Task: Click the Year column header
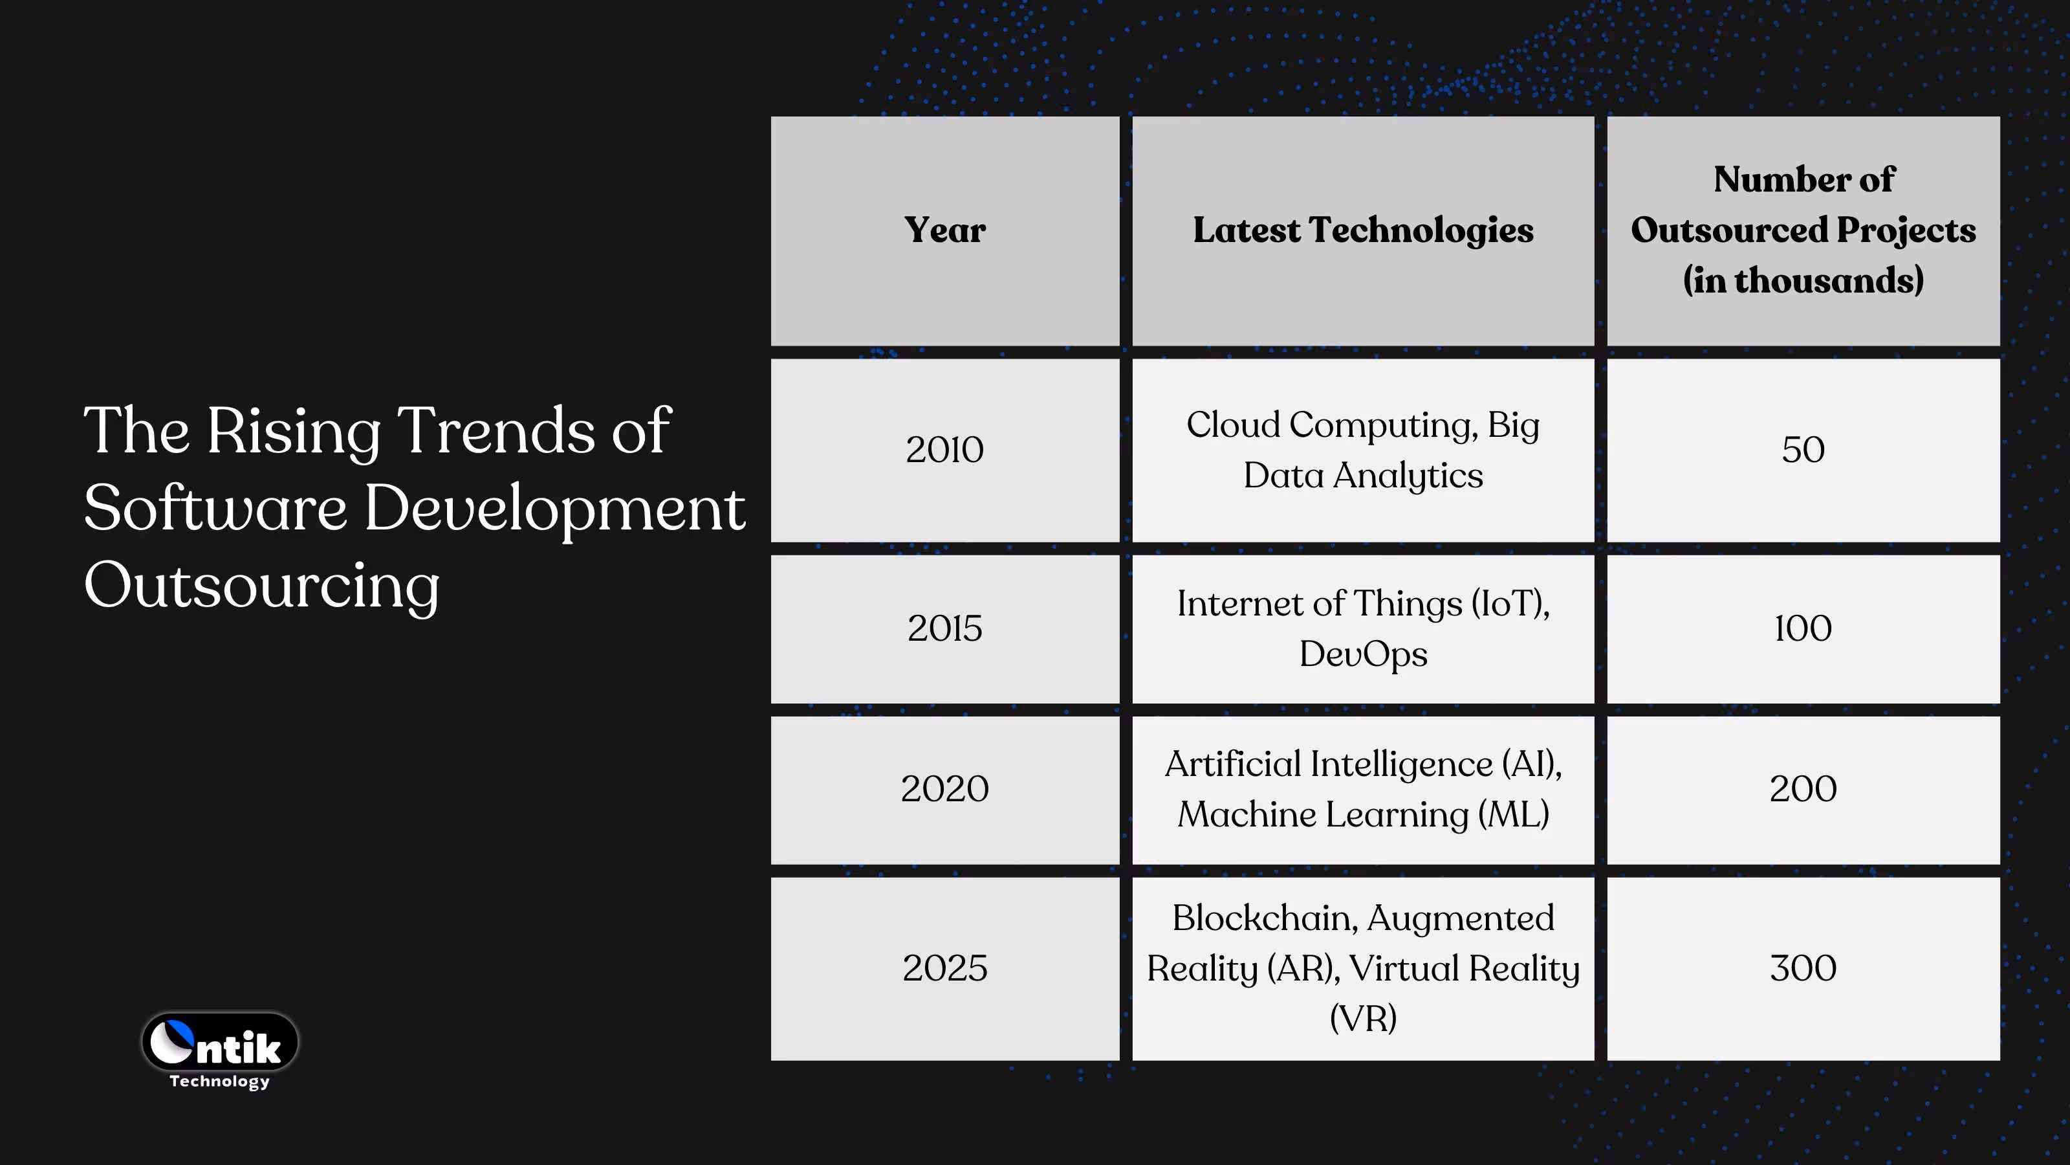[x=944, y=231]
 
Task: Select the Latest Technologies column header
[x=1363, y=231]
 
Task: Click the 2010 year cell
[x=944, y=449]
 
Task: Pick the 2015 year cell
[x=944, y=628]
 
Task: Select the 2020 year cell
[x=944, y=789]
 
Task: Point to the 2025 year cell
[x=944, y=968]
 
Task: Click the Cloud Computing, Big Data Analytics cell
[x=1363, y=449]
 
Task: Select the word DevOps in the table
[x=1363, y=654]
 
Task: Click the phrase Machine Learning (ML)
[x=1363, y=814]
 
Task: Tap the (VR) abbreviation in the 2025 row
[x=1363, y=1019]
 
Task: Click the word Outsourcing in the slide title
[x=262, y=586]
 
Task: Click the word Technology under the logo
[x=219, y=1082]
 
